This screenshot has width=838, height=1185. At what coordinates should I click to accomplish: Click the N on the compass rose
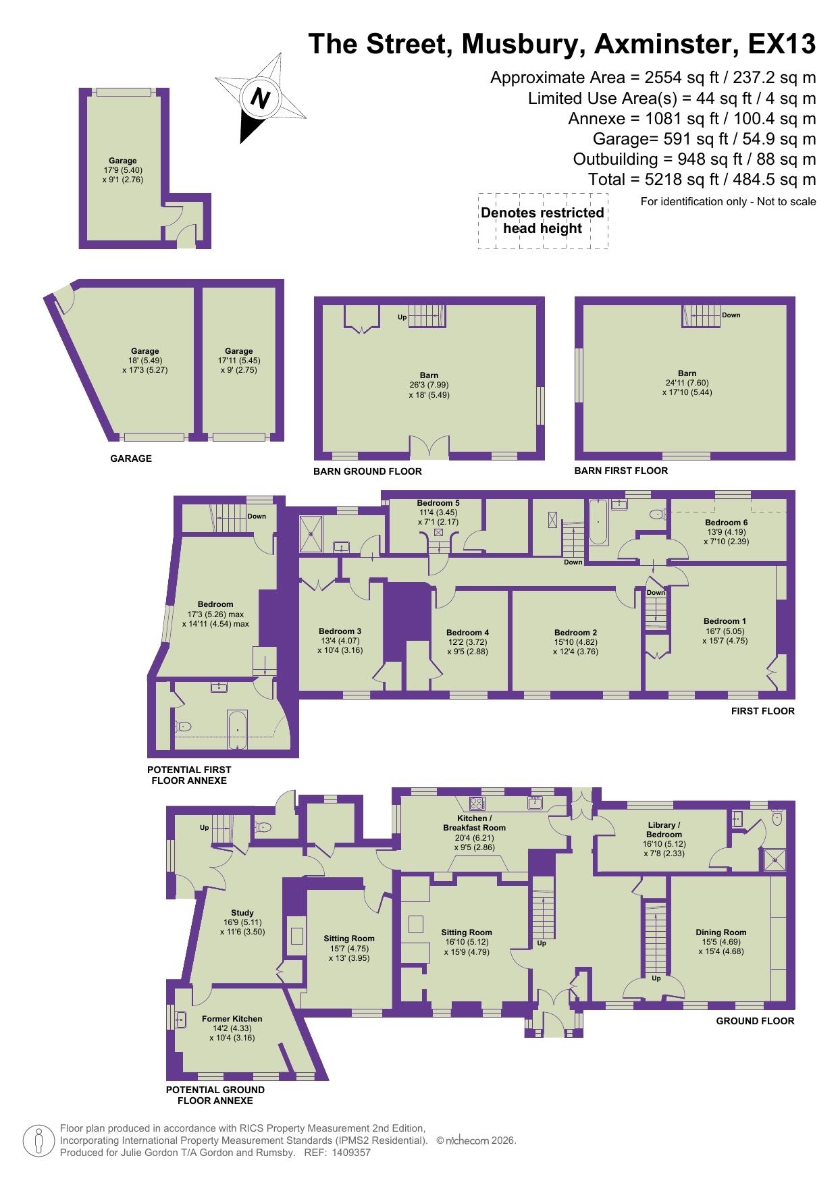[260, 99]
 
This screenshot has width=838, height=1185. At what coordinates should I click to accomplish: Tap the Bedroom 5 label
[438, 503]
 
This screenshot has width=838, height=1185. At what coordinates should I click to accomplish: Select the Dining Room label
[721, 932]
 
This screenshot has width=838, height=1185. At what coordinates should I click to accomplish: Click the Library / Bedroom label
[663, 829]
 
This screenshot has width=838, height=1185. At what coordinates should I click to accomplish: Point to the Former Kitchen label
[232, 1019]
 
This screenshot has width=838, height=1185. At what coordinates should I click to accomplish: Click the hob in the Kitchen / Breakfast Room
[477, 804]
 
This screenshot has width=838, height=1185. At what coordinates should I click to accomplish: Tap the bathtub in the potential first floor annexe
[237, 729]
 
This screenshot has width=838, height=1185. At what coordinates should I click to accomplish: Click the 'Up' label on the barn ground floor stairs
[402, 317]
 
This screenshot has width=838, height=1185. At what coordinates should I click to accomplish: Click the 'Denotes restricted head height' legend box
[542, 221]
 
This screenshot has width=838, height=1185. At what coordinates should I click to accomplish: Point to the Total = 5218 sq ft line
[702, 180]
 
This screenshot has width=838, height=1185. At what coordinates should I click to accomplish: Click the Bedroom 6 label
[726, 522]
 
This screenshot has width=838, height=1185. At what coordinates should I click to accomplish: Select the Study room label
[242, 913]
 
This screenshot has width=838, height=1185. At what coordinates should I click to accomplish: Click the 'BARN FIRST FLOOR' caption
[621, 471]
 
